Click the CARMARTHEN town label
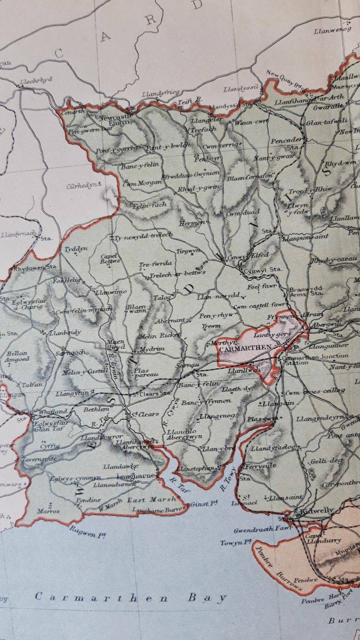[x=245, y=348]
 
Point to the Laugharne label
[x=131, y=476]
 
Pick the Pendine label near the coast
[x=88, y=499]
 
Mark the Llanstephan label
[x=196, y=468]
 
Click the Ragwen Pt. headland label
[x=88, y=532]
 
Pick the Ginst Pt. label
[x=204, y=504]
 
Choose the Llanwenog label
[x=332, y=30]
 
